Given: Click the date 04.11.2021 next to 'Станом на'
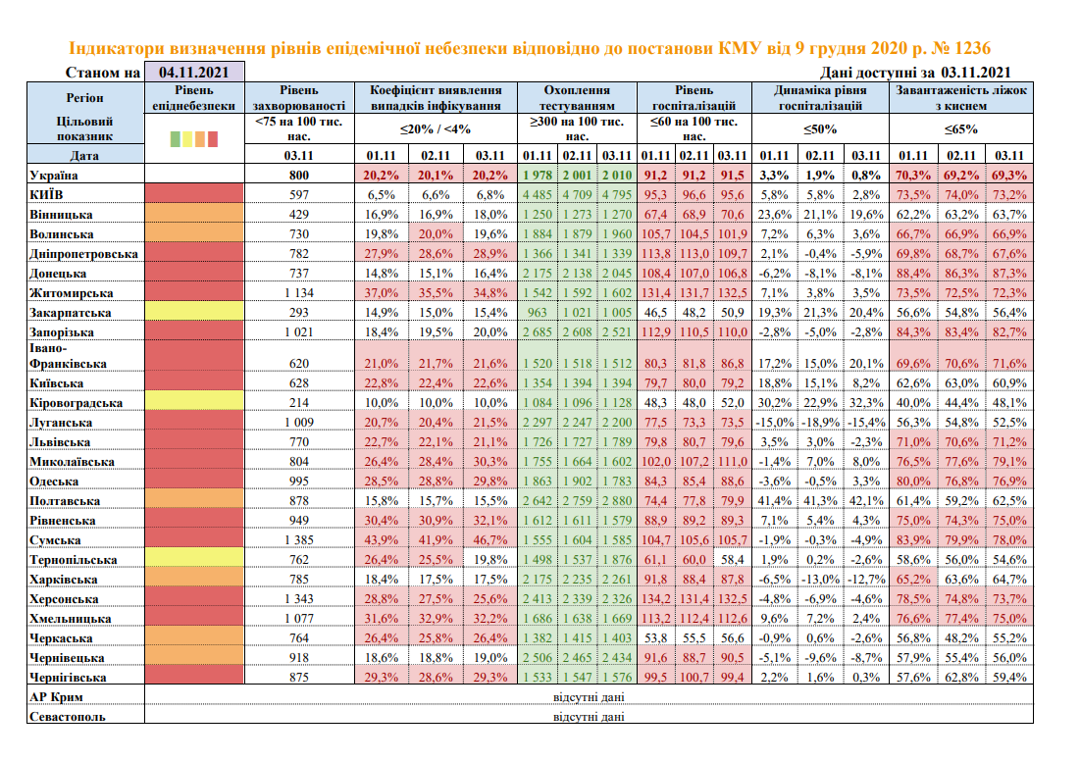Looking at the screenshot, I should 193,73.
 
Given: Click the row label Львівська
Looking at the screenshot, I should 64,442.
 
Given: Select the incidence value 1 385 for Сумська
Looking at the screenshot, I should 298,540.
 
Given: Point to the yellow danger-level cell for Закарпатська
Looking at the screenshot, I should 193,313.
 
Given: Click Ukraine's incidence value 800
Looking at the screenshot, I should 298,176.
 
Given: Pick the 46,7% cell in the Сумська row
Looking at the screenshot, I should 492,540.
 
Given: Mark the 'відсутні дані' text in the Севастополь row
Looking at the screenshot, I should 589,717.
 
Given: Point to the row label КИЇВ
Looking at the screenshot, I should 48,195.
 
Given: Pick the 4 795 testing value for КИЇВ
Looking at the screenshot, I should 616,195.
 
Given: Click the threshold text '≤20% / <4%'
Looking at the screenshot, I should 436,128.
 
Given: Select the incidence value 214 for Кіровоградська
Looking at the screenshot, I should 298,403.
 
